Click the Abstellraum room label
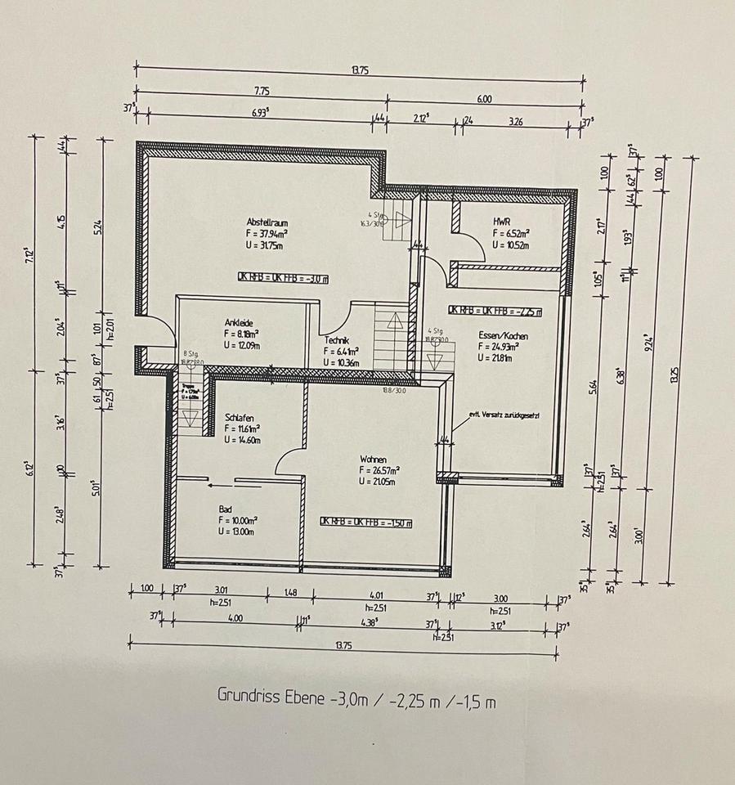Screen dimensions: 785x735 coord(267,222)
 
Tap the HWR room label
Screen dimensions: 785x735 coord(501,221)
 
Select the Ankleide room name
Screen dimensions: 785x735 coord(240,322)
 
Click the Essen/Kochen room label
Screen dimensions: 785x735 coord(504,336)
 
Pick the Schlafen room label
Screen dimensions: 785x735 coord(240,417)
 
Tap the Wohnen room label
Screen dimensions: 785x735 coord(372,460)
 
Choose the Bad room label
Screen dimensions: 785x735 coord(225,508)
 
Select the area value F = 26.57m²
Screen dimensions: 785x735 coord(379,471)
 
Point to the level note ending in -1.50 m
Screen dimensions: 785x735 coord(365,522)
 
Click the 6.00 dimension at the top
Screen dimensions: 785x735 coord(484,99)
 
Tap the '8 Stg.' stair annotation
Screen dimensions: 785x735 coord(190,352)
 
